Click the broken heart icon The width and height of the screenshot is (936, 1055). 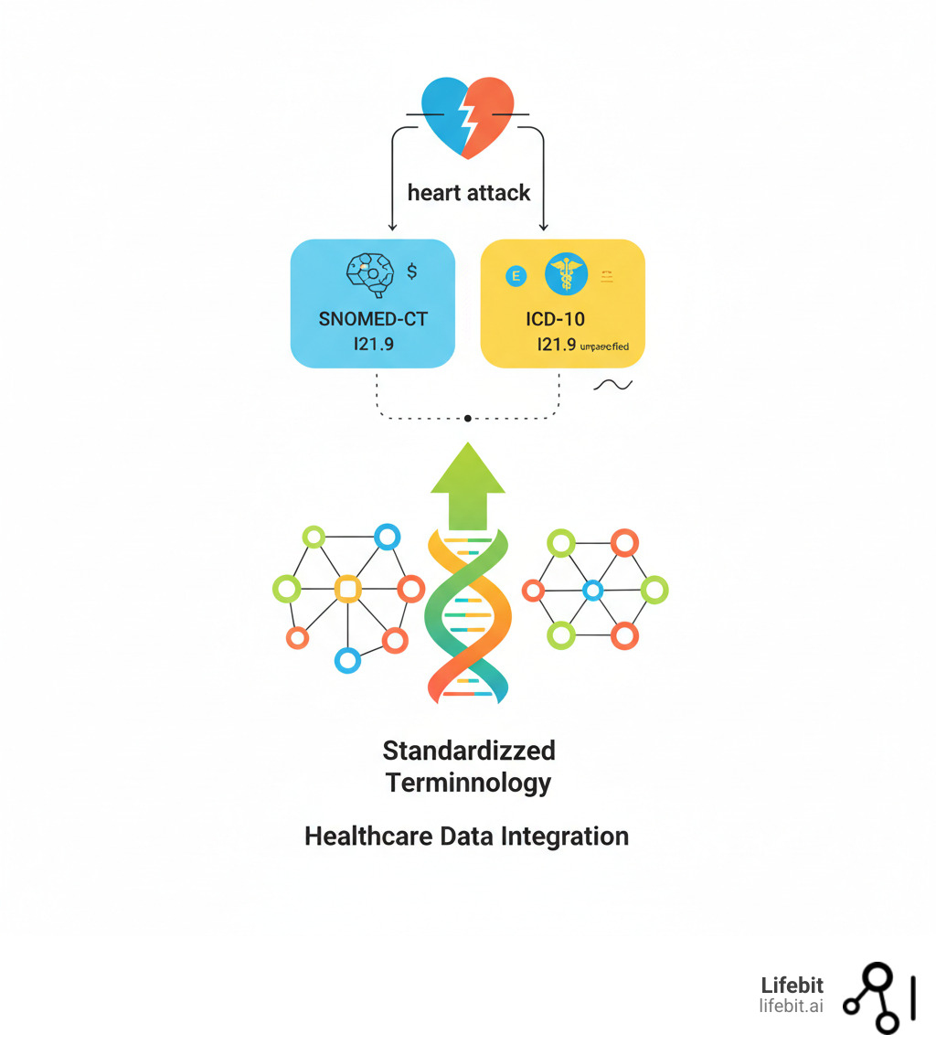tap(468, 117)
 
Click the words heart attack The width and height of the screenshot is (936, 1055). tap(468, 193)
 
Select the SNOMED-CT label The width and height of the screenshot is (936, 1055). tap(372, 319)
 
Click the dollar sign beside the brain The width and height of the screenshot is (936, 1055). tap(412, 271)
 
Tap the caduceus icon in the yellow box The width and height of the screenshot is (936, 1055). tap(566, 274)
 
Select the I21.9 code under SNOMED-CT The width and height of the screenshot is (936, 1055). tap(372, 345)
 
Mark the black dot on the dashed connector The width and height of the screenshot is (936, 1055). tap(468, 418)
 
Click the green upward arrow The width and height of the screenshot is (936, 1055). tap(468, 485)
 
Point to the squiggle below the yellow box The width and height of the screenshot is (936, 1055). tap(612, 385)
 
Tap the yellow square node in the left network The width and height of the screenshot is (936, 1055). tap(347, 588)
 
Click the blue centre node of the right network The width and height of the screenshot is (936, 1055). tap(592, 590)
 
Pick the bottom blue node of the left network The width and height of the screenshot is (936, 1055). tap(347, 659)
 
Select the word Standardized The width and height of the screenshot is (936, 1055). tap(468, 751)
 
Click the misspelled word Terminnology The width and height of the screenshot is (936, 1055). tap(468, 783)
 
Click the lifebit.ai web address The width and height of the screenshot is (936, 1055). tap(791, 1006)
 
